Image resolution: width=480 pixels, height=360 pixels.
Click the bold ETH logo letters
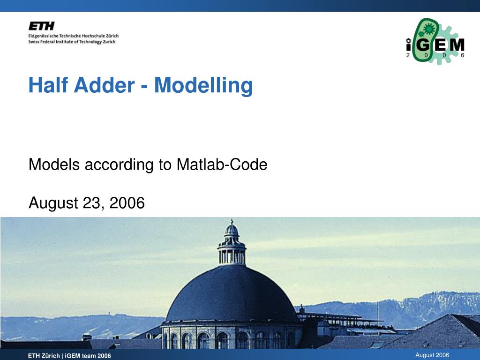click(x=42, y=26)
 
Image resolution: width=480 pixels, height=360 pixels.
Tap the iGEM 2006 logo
click(x=435, y=41)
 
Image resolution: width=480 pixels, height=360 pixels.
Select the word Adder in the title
click(x=104, y=85)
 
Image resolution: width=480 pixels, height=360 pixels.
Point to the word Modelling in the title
click(x=203, y=86)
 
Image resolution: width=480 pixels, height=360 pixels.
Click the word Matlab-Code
click(x=222, y=165)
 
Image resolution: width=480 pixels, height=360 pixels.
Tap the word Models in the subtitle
click(x=54, y=165)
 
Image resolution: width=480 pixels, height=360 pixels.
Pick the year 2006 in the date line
click(x=127, y=203)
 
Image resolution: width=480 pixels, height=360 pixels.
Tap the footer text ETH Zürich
click(x=44, y=356)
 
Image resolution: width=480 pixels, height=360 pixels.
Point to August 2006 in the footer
click(x=432, y=355)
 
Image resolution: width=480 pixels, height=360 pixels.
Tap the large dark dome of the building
click(x=231, y=294)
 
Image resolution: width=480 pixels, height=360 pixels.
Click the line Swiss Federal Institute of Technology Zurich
click(x=72, y=42)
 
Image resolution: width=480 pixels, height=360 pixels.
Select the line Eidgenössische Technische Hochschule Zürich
click(x=74, y=36)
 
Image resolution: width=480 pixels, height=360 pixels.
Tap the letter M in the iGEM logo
click(x=457, y=45)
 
